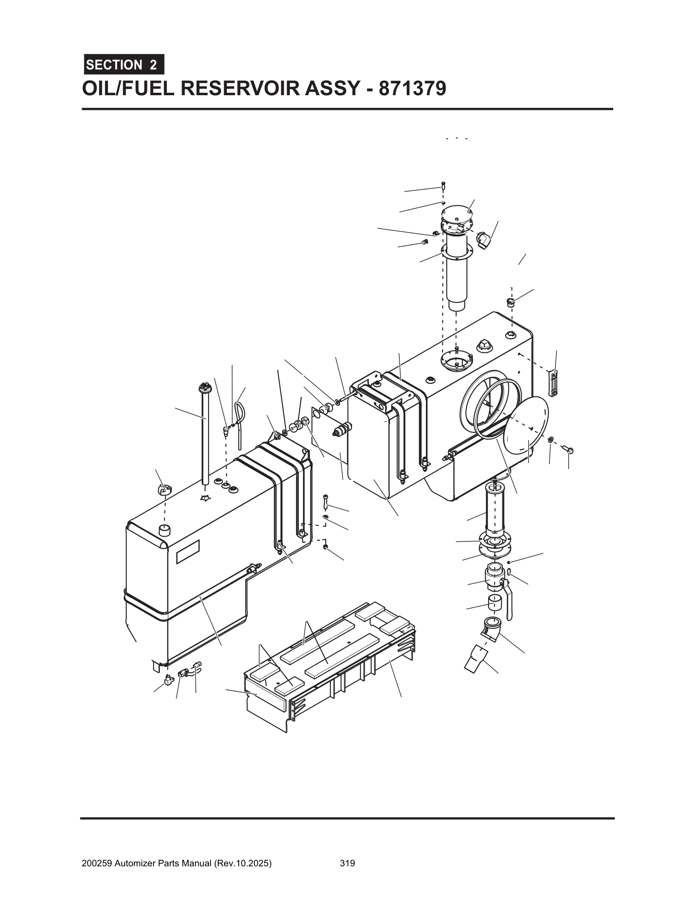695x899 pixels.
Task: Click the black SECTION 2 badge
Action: [x=124, y=65]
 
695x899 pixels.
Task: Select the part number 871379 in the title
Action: [x=412, y=88]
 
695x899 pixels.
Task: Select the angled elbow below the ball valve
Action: [x=491, y=629]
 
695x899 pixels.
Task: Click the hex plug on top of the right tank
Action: [x=484, y=345]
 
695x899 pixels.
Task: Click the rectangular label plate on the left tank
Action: [x=188, y=552]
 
